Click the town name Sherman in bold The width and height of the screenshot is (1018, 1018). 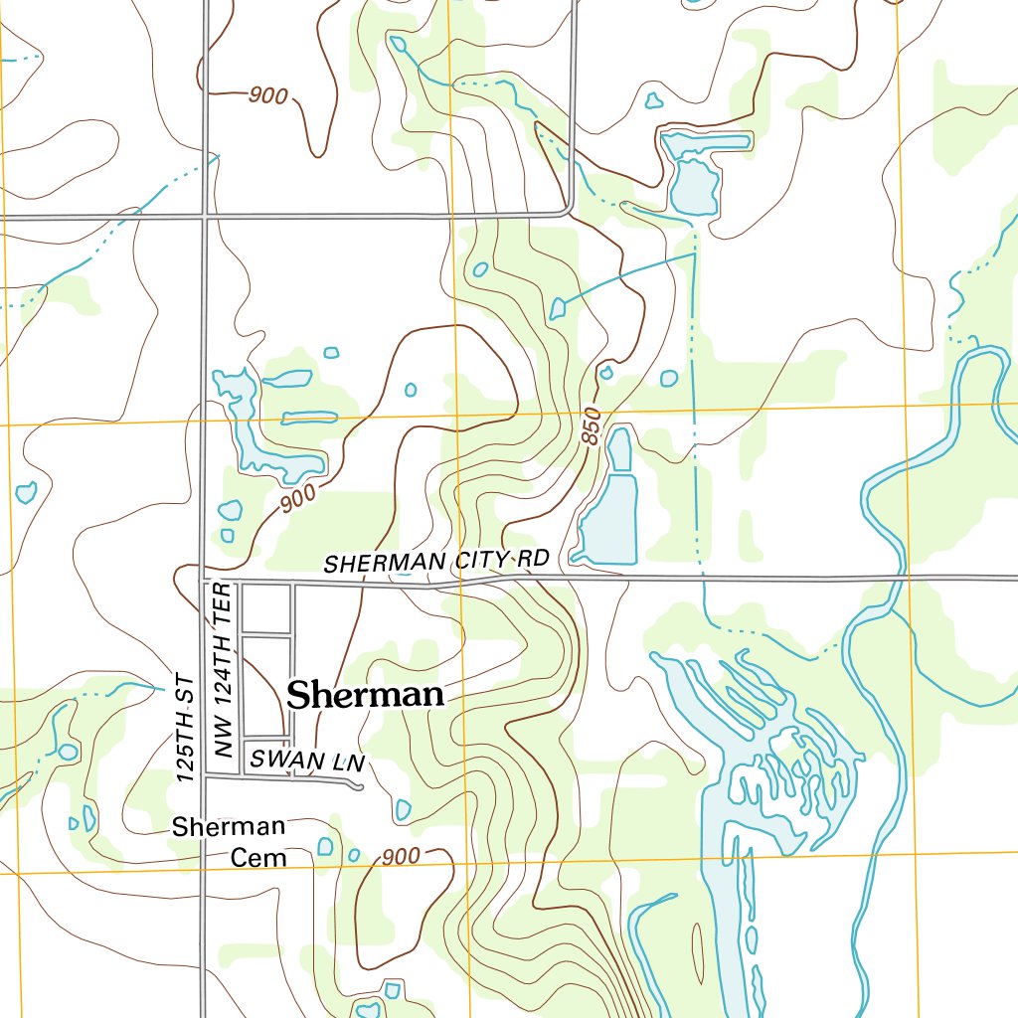click(x=365, y=695)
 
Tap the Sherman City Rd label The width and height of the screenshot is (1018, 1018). click(x=436, y=562)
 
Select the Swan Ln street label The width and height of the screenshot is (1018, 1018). click(x=308, y=761)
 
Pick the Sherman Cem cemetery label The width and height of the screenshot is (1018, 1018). click(x=229, y=841)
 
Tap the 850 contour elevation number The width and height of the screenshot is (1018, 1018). click(x=593, y=425)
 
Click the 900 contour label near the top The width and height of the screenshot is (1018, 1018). click(x=268, y=96)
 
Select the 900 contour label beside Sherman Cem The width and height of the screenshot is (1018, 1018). click(x=401, y=856)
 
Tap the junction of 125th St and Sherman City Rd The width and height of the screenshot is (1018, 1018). click(x=204, y=578)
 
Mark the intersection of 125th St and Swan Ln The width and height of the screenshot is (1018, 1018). click(x=204, y=774)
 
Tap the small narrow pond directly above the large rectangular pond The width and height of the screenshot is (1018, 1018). click(x=619, y=449)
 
